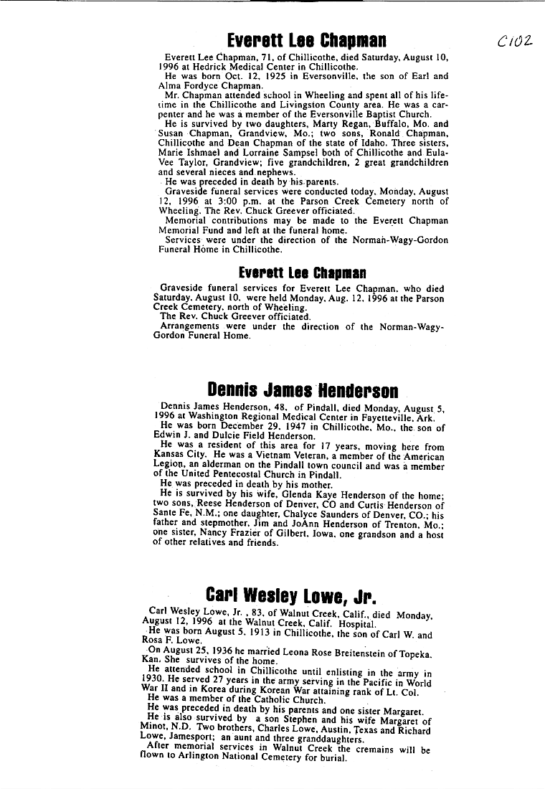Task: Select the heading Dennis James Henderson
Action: click(302, 391)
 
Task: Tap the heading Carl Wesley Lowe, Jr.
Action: click(290, 595)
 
